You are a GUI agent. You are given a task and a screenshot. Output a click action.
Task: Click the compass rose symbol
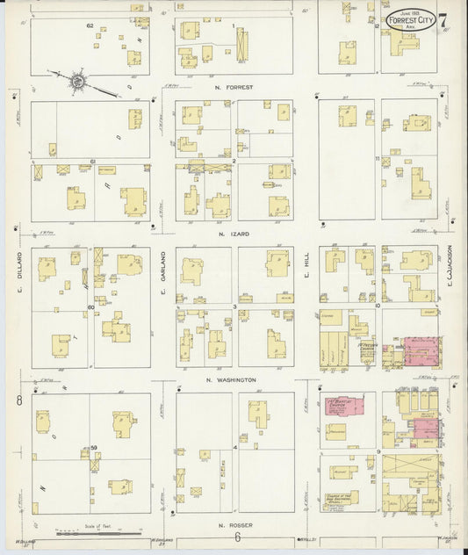[x=77, y=82]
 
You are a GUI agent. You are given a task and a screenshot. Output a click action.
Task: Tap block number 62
[x=90, y=26]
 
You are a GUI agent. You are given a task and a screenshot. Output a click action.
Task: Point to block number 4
[x=235, y=448]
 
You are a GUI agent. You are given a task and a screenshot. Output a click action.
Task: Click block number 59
[x=92, y=449]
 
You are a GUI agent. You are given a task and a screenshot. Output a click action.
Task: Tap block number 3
[x=234, y=306]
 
